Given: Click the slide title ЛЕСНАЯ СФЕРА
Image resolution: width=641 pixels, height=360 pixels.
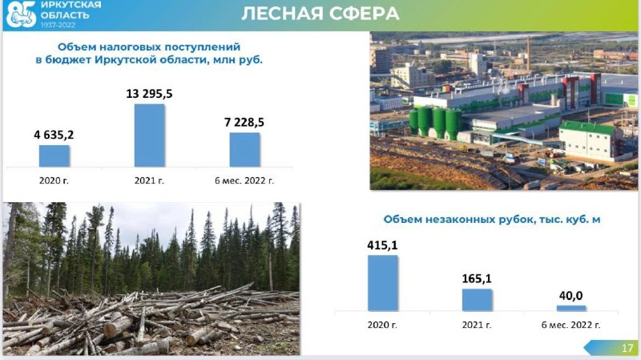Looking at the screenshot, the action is point(320,14).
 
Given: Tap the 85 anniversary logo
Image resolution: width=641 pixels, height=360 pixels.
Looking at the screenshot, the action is point(22,14).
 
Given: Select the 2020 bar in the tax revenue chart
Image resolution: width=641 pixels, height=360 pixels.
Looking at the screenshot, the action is point(54,156).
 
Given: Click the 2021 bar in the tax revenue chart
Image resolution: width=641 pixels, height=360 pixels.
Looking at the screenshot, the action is point(150,136).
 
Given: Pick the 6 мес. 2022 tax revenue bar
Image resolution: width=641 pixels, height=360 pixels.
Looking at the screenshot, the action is point(244,150).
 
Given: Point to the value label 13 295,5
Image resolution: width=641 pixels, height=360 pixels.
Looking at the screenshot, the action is point(149,94).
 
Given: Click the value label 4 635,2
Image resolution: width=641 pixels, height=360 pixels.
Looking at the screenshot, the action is point(54,135).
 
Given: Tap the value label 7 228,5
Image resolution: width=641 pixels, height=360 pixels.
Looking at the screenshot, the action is point(244,122).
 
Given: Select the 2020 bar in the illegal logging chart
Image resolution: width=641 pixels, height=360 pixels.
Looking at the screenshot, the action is point(383,283).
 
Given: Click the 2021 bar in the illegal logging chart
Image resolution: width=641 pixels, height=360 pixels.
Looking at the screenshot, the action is point(477,300).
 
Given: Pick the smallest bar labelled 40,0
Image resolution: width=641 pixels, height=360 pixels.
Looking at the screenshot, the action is point(571,308).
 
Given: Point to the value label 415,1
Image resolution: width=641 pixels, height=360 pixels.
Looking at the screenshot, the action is point(382,245).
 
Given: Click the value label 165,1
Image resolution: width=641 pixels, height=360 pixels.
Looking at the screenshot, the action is point(477,278).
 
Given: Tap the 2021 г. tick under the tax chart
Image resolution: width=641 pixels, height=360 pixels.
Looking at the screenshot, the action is point(149,180).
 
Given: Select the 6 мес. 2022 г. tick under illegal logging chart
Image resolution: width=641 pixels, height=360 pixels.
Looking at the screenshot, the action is point(571,325).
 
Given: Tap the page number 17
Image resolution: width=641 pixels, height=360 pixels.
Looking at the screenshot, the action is point(627,348).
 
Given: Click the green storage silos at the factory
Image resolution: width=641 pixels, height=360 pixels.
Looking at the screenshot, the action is point(435,122).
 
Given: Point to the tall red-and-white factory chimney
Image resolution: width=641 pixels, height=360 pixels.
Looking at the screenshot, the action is point(528,54).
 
